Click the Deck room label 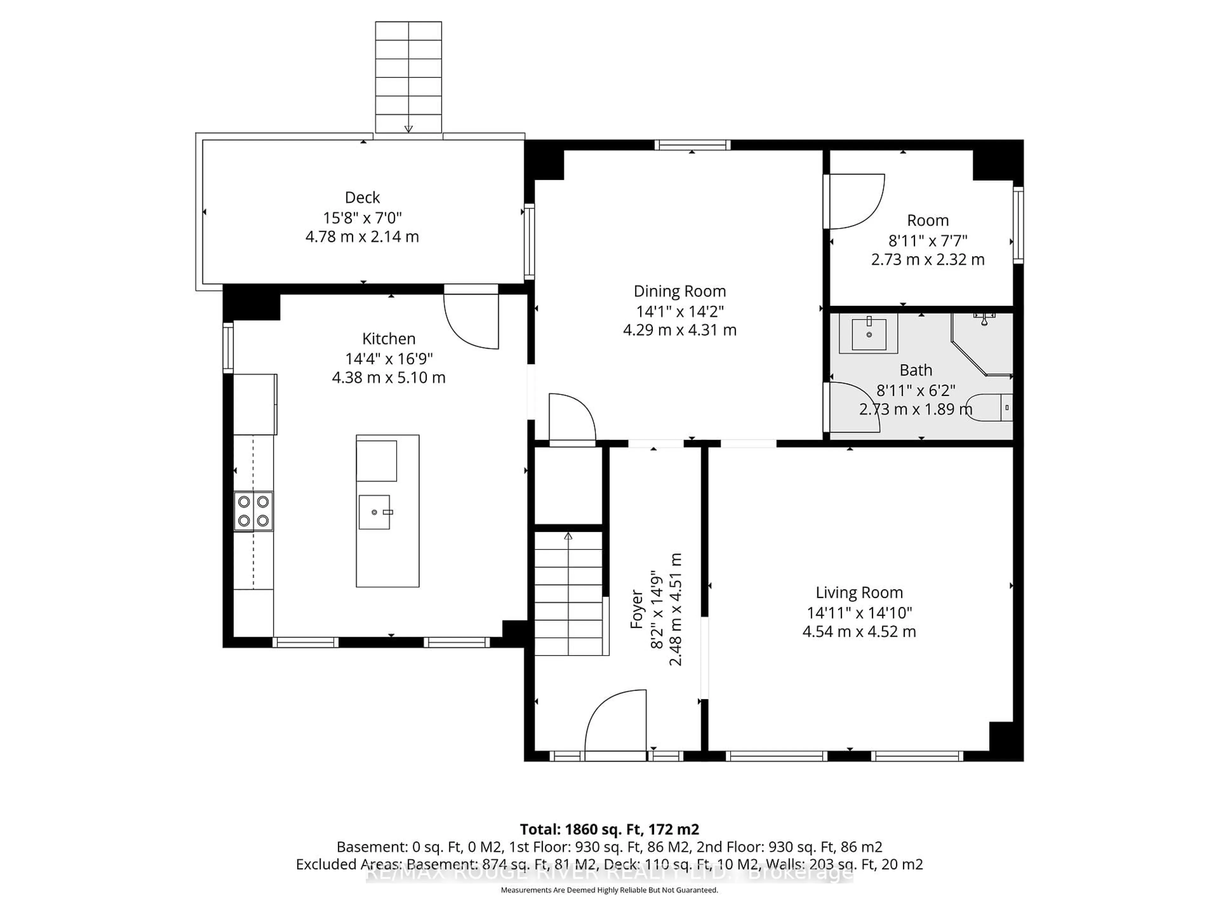pos(362,197)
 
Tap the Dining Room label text pos(679,291)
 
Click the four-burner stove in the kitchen pos(253,511)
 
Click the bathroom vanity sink pos(869,334)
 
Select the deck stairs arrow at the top pos(408,128)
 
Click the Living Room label pos(859,593)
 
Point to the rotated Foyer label pos(636,609)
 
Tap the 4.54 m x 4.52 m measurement pos(859,632)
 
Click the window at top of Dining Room pos(692,145)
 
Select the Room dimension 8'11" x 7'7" pos(928,241)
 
